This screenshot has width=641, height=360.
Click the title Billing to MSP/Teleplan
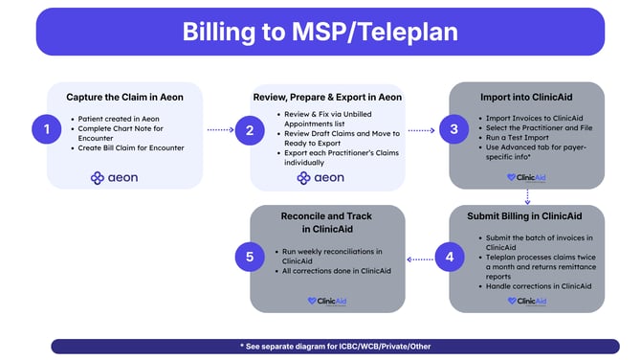[320, 31]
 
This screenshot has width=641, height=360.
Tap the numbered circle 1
[39, 130]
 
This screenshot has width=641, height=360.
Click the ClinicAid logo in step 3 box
[526, 177]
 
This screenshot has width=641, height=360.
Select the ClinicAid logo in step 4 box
[526, 301]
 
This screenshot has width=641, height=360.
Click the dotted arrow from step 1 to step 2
[220, 130]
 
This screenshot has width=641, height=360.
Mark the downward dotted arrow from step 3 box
[526, 195]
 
